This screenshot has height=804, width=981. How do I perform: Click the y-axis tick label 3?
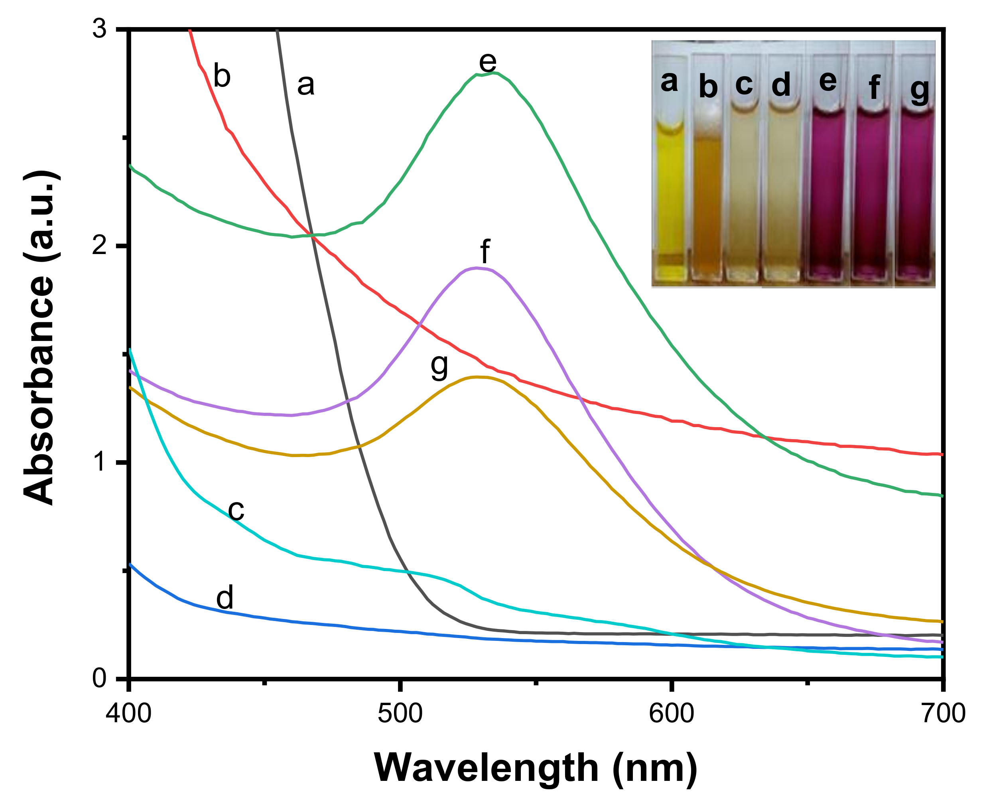[100, 30]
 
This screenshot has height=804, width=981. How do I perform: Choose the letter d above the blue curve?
[225, 597]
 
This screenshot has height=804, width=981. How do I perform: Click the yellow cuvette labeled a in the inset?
[669, 195]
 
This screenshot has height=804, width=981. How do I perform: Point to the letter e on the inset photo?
[828, 81]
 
